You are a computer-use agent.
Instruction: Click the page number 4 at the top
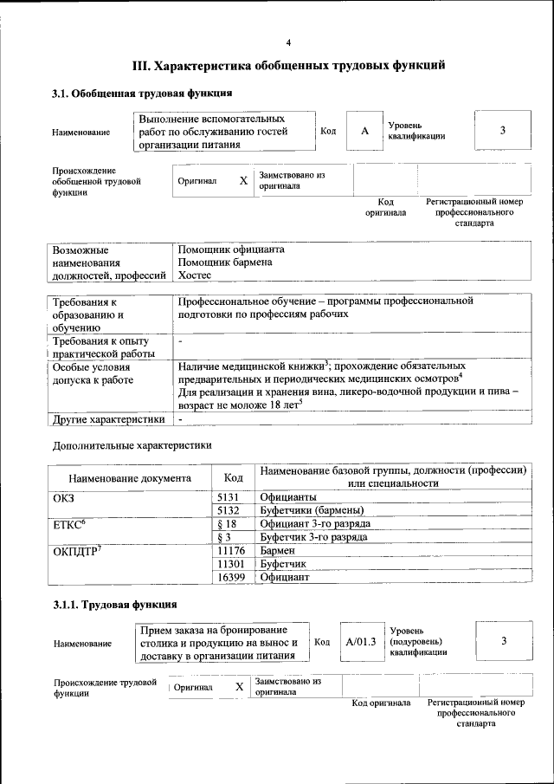pos(289,43)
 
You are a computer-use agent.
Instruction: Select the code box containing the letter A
pos(364,131)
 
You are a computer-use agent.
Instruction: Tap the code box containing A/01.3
pos(360,642)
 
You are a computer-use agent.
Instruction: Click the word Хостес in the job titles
pos(194,275)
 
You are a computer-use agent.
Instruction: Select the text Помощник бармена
pos(225,262)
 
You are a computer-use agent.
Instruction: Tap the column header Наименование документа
pos(130,477)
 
